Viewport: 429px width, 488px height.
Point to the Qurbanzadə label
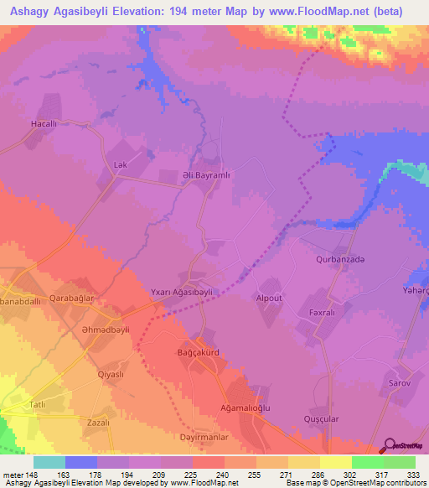pyautogui.click(x=340, y=260)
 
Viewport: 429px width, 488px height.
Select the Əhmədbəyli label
pyautogui.click(x=85, y=330)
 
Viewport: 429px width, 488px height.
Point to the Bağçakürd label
pyautogui.click(x=199, y=353)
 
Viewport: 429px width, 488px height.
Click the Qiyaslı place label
pyautogui.click(x=111, y=374)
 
